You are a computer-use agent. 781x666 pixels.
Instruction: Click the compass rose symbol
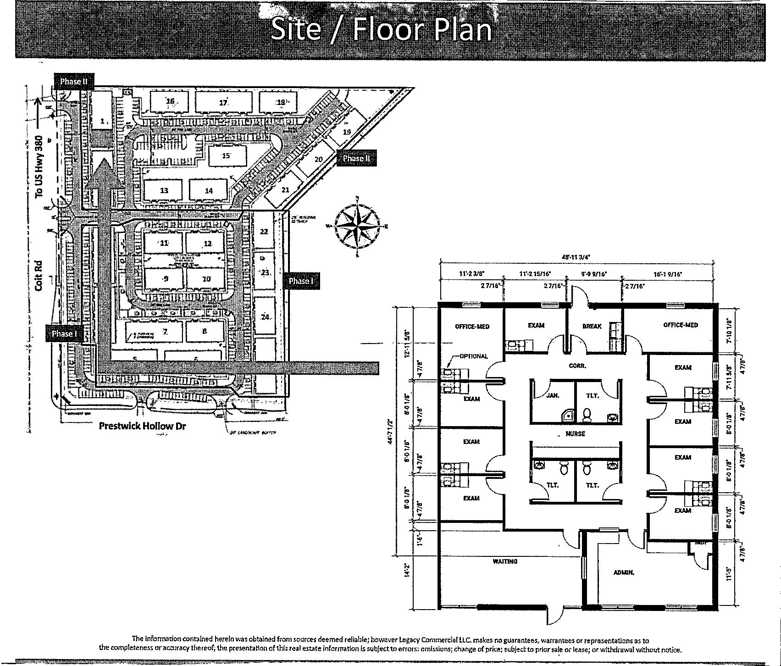(x=357, y=225)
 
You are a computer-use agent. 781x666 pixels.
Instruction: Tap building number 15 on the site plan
(x=226, y=155)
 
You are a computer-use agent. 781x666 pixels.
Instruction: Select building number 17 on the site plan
(x=223, y=103)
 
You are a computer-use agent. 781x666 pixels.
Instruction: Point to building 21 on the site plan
(x=285, y=189)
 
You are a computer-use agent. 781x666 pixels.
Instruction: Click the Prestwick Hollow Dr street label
(x=143, y=426)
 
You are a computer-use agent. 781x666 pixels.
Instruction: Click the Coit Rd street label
(x=39, y=275)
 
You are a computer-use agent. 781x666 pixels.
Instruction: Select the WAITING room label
(x=505, y=561)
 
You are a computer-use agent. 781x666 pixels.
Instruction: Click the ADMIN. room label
(x=624, y=572)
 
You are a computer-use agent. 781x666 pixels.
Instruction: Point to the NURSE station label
(x=575, y=433)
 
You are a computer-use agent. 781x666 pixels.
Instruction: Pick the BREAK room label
(x=592, y=326)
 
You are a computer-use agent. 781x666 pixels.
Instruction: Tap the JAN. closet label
(x=553, y=395)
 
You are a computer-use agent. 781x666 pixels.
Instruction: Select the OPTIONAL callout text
(x=474, y=356)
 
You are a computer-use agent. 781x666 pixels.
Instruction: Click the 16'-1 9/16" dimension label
(x=668, y=274)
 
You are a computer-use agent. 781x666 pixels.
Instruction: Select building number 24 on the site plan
(x=265, y=317)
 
